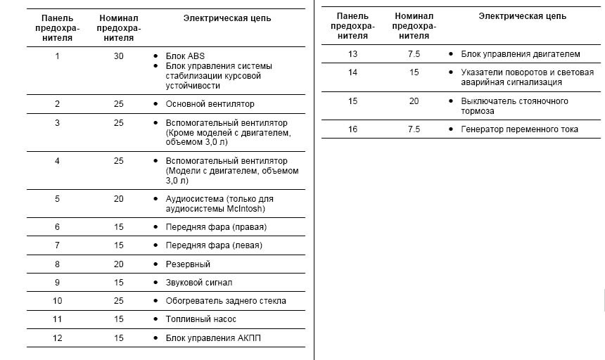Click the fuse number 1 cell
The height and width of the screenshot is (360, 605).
[x=57, y=56]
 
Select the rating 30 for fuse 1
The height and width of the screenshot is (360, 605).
[x=118, y=56]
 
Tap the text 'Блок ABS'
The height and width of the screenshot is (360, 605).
[x=185, y=56]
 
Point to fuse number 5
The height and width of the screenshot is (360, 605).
[x=57, y=199]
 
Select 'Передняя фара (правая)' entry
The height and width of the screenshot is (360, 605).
[x=216, y=227]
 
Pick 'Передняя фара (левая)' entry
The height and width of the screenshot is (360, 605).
[x=214, y=245]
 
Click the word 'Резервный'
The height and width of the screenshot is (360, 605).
[x=188, y=264]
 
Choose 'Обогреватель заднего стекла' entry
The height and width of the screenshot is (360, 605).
[x=226, y=301]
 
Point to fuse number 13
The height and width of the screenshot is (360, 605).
[x=353, y=53]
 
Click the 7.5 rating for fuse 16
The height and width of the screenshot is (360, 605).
[x=414, y=129]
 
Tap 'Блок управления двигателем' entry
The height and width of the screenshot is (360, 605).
[x=521, y=53]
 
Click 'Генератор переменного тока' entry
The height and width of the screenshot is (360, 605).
[x=519, y=129]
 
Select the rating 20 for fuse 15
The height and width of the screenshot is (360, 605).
[x=414, y=101]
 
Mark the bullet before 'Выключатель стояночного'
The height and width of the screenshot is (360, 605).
[x=450, y=101]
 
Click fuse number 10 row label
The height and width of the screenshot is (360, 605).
[x=58, y=301]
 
